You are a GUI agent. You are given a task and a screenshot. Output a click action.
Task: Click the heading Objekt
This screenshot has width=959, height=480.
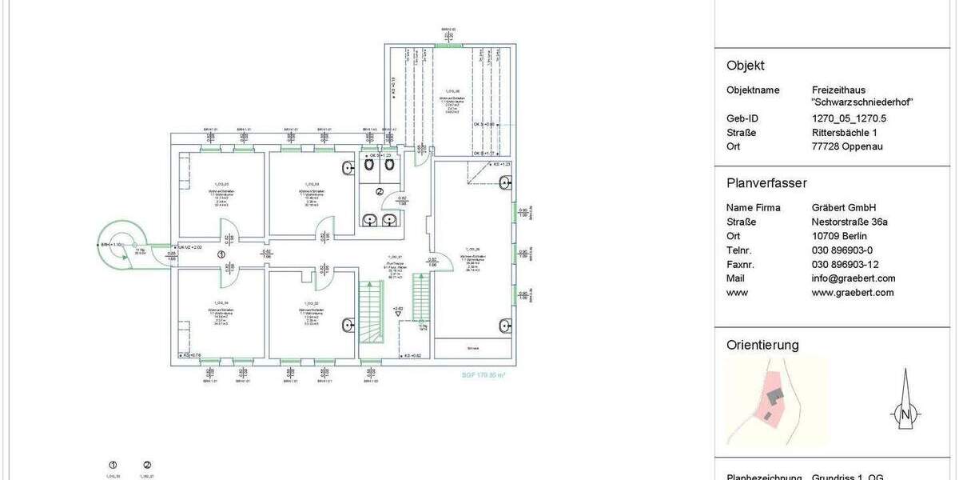745,66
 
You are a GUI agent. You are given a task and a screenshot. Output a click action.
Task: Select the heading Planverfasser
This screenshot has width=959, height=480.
766,182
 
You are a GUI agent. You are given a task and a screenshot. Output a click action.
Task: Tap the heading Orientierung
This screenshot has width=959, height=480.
762,346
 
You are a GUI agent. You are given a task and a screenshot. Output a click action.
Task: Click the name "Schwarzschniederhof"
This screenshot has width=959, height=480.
862,102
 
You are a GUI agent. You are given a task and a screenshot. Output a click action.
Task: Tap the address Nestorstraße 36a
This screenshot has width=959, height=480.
853,222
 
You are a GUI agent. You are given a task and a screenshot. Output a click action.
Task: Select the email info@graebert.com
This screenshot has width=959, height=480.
853,278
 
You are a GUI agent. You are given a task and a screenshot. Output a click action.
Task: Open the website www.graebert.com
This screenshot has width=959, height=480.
852,293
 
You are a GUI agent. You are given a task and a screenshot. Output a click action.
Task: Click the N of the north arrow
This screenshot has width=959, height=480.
905,414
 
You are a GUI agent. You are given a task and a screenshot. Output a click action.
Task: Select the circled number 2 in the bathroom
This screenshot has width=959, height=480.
380,192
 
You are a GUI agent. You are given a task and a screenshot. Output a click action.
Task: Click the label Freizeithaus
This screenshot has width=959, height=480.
838,90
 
